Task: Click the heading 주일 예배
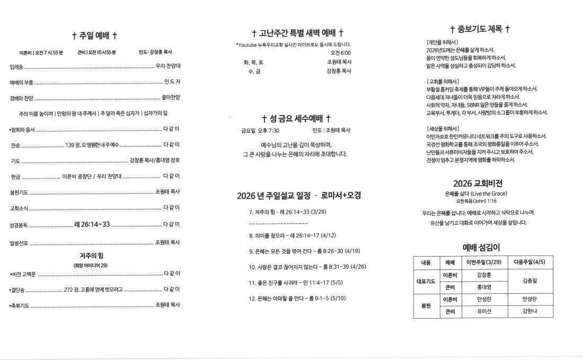pos(94,36)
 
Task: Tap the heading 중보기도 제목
pos(480,29)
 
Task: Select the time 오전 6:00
pos(340,53)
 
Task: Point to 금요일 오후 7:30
pos(260,130)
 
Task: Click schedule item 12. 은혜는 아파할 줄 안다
pos(297,298)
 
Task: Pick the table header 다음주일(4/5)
pos(529,262)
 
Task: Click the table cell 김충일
pos(529,281)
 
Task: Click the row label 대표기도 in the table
pos(426,281)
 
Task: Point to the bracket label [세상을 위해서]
pos(443,128)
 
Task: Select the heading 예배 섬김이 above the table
pos(481,247)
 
